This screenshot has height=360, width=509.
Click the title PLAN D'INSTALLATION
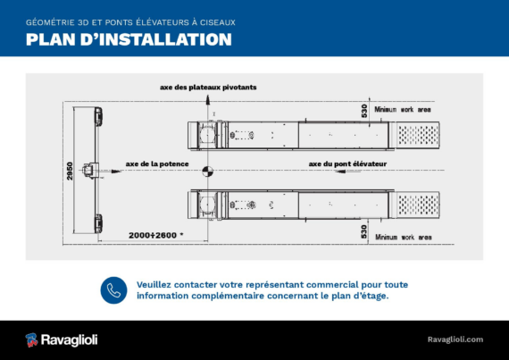point(129,39)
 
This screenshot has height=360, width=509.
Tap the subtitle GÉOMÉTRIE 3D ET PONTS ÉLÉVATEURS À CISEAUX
point(130,22)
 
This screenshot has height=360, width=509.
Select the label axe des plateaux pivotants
point(208,88)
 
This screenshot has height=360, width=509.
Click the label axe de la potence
point(157,164)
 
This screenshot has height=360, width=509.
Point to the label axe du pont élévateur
point(347,164)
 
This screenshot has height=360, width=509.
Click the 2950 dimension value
point(70,171)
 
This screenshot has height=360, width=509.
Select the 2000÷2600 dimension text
point(155,235)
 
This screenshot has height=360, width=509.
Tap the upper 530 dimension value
point(364,111)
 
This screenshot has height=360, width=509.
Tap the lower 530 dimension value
point(364,231)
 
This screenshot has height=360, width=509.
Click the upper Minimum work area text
point(403,109)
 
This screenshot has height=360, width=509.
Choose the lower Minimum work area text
point(404,238)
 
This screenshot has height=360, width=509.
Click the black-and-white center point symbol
point(208,172)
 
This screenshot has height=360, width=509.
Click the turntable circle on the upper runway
point(207,135)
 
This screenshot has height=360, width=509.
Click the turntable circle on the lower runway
point(207,205)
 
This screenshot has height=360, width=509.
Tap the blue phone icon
point(113,290)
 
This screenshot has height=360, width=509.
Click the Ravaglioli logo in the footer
point(62,339)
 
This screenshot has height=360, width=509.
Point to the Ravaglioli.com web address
point(455,339)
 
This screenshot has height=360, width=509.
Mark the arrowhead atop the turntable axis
point(208,100)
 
